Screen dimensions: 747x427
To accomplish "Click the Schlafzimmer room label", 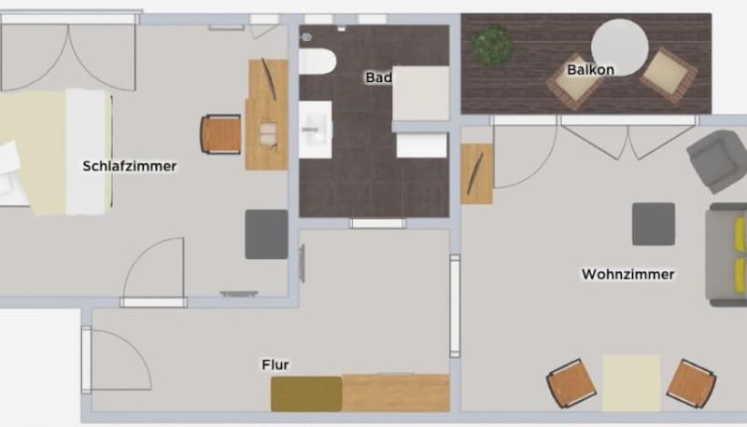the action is (130, 167).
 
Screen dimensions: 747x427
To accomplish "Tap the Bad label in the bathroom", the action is (379, 77).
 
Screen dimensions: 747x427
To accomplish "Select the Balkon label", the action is (590, 70).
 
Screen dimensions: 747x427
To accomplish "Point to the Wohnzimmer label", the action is (627, 274).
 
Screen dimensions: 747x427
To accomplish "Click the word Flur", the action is (275, 365).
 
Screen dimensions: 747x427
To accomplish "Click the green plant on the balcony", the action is (492, 45).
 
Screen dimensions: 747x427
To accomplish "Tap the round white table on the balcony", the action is (619, 47).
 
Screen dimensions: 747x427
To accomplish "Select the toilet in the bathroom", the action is (317, 62).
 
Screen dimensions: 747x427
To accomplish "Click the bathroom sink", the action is (316, 130).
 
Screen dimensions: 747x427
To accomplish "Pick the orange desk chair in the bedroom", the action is (221, 134).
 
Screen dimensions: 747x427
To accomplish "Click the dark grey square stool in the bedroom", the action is (266, 234).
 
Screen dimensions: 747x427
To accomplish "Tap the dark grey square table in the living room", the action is (653, 224).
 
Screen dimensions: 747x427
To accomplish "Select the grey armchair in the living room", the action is (717, 161).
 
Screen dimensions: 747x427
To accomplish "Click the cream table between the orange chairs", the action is (631, 382).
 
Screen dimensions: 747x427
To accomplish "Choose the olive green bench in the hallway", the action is (306, 393).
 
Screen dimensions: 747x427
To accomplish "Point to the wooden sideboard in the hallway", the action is (396, 393).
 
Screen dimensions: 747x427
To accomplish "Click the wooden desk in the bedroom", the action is (267, 115).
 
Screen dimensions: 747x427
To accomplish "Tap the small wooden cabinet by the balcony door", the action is (476, 173).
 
